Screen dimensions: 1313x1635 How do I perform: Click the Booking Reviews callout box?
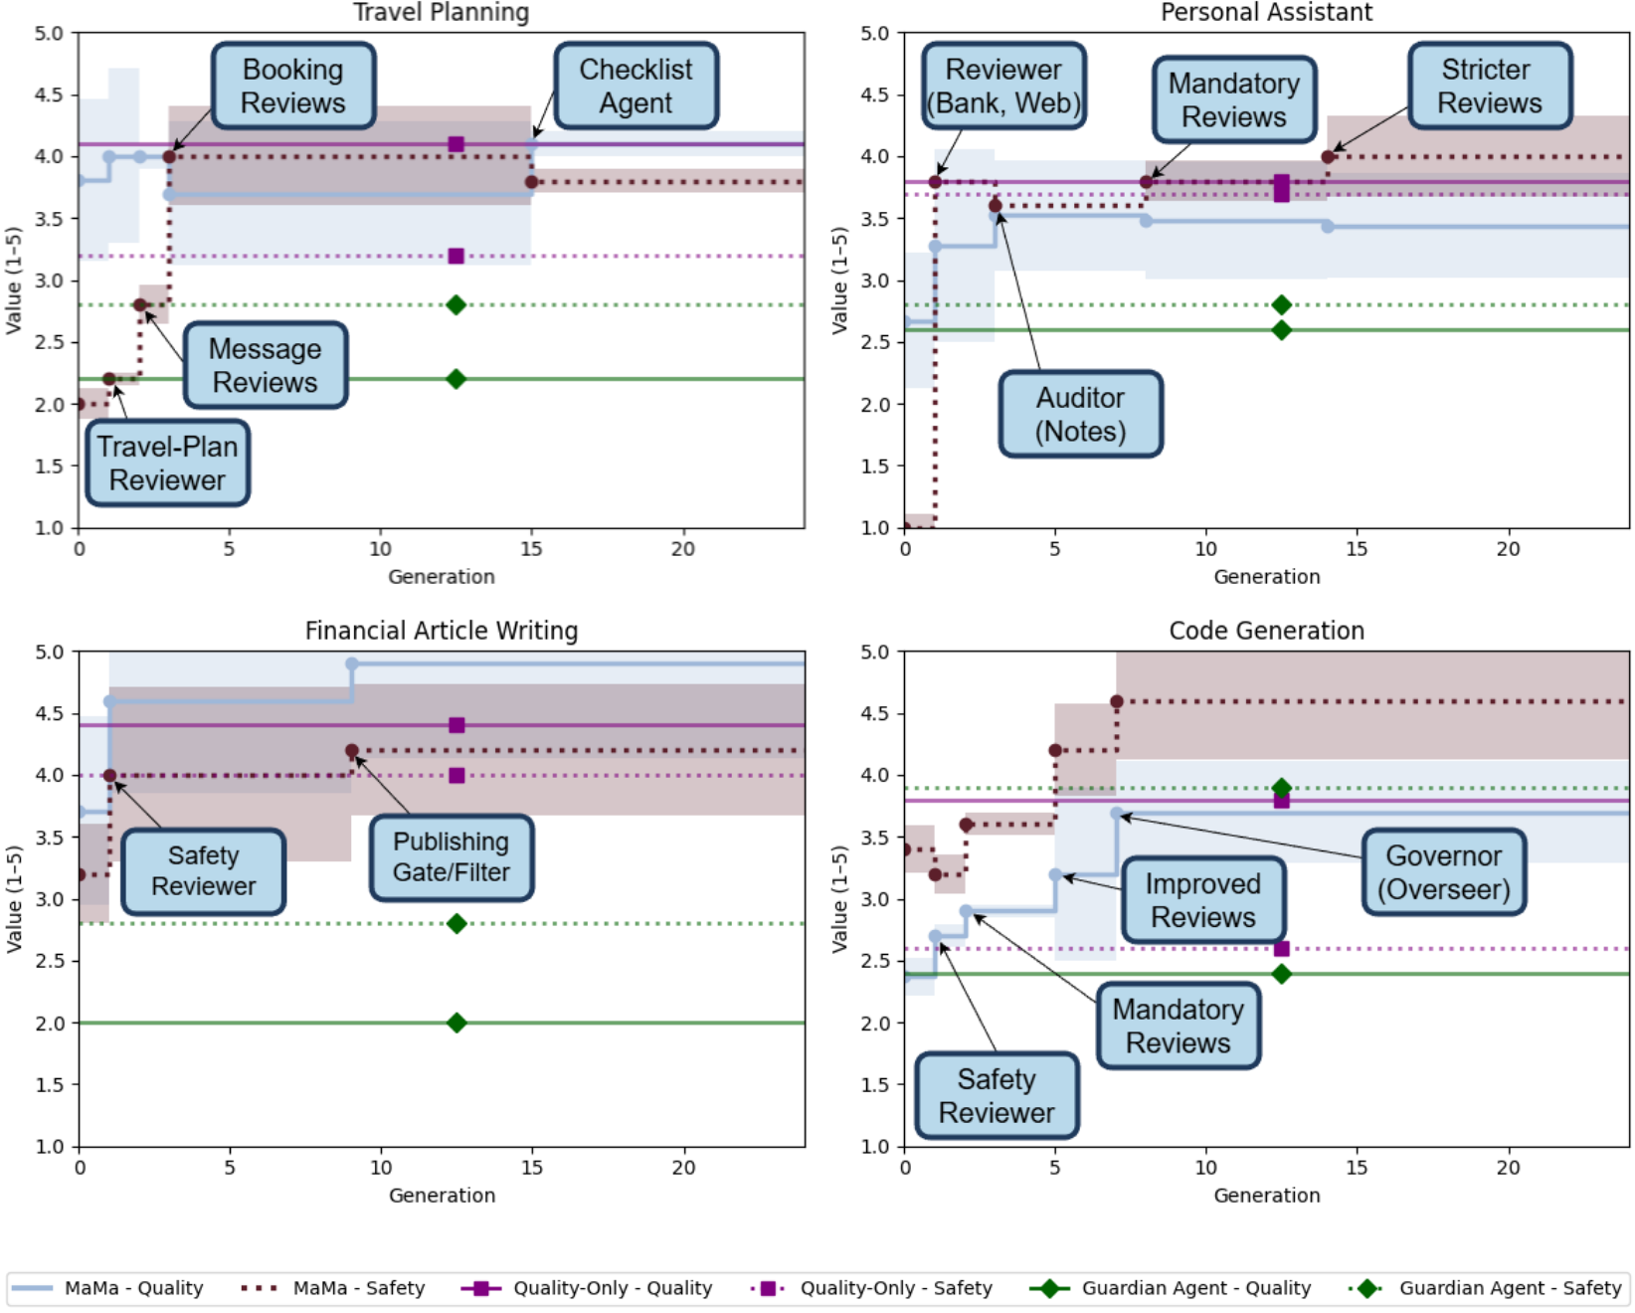point(293,87)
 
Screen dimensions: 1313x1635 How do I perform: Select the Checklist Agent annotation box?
point(636,87)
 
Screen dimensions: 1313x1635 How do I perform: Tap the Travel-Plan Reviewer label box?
point(167,464)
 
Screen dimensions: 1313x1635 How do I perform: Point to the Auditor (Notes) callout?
point(1080,415)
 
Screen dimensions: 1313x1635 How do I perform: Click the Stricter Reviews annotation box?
point(1489,87)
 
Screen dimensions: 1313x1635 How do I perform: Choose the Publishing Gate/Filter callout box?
point(451,857)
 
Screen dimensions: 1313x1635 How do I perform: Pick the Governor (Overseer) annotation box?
point(1443,872)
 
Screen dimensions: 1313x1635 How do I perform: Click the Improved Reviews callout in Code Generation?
point(1202,900)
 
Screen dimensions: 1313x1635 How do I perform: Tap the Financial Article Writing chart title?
point(441,631)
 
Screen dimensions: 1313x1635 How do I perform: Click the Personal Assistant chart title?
point(1266,12)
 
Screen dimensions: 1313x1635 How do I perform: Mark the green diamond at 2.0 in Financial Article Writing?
point(456,1023)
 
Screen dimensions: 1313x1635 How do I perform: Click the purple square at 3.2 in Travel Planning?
point(456,257)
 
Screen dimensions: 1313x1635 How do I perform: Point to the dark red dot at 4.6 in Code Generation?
point(1116,702)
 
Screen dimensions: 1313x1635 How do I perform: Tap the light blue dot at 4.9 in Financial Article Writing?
point(352,663)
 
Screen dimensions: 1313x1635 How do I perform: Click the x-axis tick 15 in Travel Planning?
point(531,549)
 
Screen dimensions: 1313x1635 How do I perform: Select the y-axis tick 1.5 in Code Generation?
point(875,1085)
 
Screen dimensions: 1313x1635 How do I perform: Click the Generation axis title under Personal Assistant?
point(1266,577)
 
